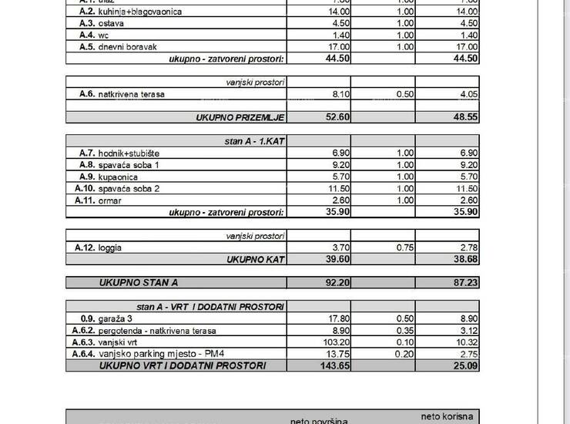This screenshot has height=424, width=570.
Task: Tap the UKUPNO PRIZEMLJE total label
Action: (240, 117)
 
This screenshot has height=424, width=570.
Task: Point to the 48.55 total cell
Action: (464, 117)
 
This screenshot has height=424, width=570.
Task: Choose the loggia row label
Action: (110, 247)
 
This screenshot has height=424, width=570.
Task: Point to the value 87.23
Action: (464, 283)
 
